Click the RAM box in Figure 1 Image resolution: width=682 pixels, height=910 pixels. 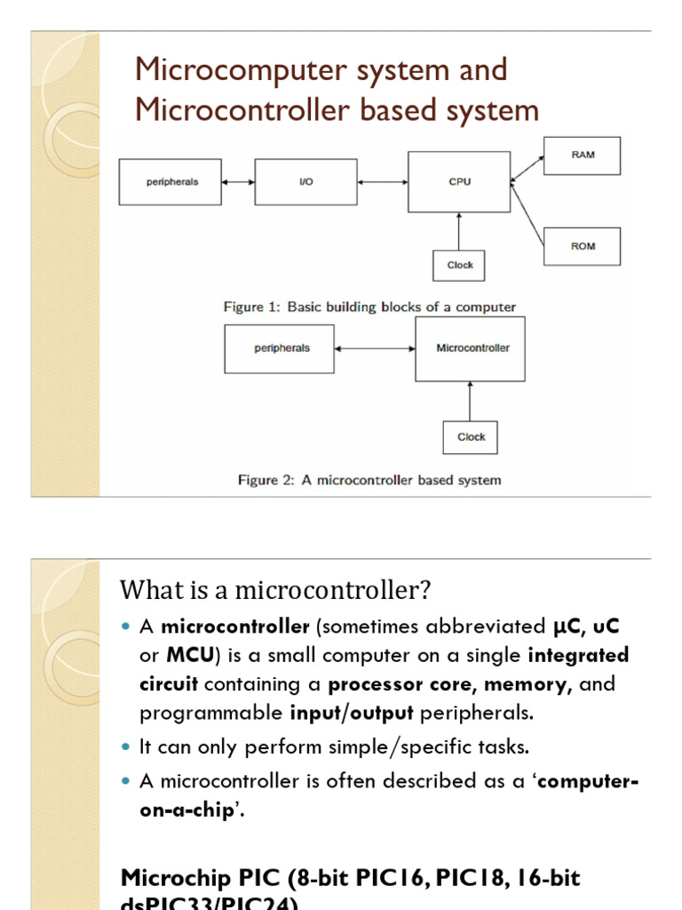point(583,156)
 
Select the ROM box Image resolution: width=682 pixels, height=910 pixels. point(583,246)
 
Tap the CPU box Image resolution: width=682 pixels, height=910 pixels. point(459,182)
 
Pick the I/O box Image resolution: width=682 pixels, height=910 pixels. point(306,182)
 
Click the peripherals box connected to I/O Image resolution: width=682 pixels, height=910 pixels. point(170,182)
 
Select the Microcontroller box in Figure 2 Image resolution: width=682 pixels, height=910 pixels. point(470,348)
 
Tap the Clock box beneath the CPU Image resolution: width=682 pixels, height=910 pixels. point(460,265)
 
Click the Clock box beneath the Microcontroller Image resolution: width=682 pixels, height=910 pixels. point(471,437)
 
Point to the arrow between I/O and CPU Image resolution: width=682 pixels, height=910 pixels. point(383,182)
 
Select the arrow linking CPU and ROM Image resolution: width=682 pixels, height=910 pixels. point(527,214)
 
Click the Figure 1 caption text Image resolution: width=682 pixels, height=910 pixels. point(369,307)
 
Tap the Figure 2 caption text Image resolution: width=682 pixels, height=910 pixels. point(369,480)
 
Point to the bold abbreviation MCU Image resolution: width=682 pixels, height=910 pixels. point(186,656)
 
